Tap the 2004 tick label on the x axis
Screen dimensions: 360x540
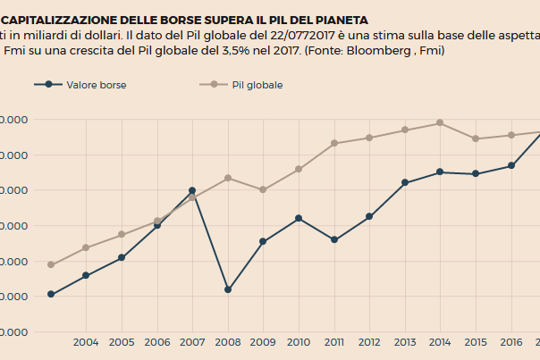pyautogui.click(x=86, y=342)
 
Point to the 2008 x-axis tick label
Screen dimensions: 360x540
pyautogui.click(x=228, y=342)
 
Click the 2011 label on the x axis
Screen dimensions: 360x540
pyautogui.click(x=334, y=342)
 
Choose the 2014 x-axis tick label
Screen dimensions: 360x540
pyautogui.click(x=440, y=342)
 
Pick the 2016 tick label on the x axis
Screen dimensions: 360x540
pyautogui.click(x=511, y=342)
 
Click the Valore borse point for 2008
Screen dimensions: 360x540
pyautogui.click(x=228, y=289)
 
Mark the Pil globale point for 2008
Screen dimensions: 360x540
pyautogui.click(x=228, y=178)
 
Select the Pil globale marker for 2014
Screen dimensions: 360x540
pyautogui.click(x=440, y=122)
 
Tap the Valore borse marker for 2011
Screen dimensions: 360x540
pyautogui.click(x=334, y=239)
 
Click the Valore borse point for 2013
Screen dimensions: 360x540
pyautogui.click(x=405, y=182)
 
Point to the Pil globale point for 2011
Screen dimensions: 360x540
pyautogui.click(x=334, y=143)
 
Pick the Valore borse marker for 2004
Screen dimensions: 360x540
pyautogui.click(x=86, y=275)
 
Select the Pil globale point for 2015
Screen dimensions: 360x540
pyautogui.click(x=476, y=138)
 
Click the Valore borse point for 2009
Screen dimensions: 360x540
pyautogui.click(x=263, y=241)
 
